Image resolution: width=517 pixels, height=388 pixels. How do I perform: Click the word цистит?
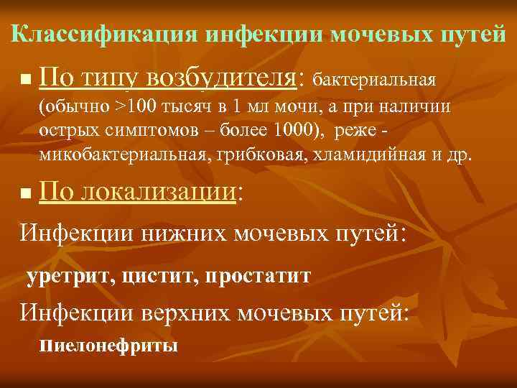159,277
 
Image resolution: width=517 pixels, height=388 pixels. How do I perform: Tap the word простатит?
257,277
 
